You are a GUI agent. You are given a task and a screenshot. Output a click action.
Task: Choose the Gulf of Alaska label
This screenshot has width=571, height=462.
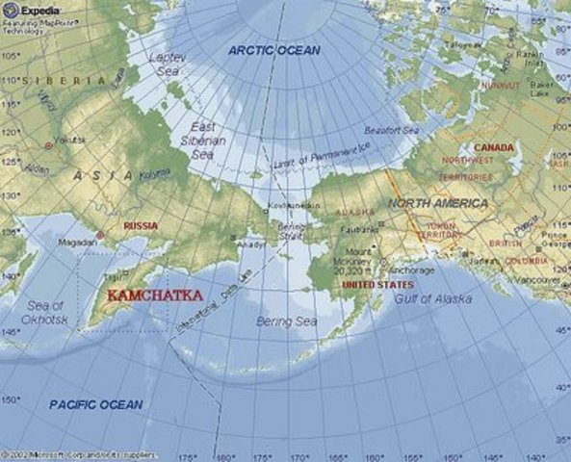433,299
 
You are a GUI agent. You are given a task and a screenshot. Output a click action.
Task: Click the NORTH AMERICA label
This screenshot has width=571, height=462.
438,203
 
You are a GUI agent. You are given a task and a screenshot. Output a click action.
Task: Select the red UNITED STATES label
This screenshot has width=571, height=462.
378,285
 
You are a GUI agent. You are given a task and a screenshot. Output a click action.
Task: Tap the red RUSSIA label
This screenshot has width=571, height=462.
141,225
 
